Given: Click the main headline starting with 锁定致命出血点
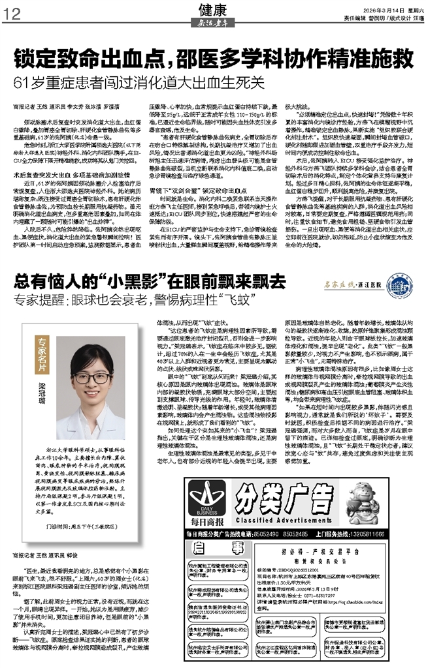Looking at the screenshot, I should [x=213, y=59].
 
